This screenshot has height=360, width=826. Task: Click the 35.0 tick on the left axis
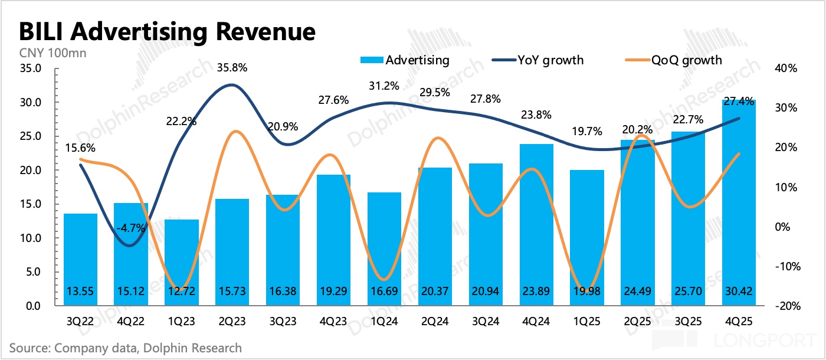pyautogui.click(x=29, y=68)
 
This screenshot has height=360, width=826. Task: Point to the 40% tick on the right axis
pyautogui.click(x=787, y=68)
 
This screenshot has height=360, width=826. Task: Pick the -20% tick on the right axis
pyautogui.click(x=787, y=306)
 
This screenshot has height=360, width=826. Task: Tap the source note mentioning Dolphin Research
pyautogui.click(x=126, y=348)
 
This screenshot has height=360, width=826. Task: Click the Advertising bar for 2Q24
pyautogui.click(x=435, y=236)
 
